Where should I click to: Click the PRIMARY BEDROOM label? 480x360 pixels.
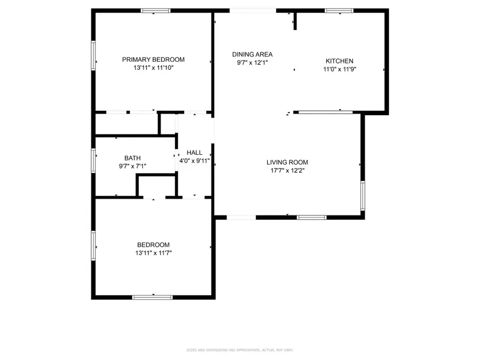click(153, 59)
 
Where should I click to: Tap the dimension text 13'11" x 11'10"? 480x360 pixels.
click(153, 68)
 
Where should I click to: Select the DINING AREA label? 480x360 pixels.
click(252, 54)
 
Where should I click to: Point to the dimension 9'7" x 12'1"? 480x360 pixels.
click(252, 62)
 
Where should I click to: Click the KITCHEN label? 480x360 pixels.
click(339, 61)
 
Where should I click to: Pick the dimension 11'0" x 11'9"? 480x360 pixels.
click(339, 69)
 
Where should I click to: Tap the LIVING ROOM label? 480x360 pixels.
click(287, 162)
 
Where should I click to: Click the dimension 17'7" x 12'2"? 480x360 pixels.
click(287, 171)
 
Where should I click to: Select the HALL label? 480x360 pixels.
click(194, 153)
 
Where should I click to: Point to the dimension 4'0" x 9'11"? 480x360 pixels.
click(194, 161)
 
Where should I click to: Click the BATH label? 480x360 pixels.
click(132, 158)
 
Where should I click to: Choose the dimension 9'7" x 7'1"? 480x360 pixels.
click(132, 166)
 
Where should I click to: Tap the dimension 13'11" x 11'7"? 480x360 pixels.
click(153, 253)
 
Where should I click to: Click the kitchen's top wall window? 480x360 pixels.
click(339, 10)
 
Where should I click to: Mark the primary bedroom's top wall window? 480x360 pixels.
click(156, 10)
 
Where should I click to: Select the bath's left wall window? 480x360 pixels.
click(93, 161)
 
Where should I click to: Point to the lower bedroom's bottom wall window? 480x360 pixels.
click(153, 297)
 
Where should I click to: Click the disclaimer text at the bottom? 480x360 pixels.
click(239, 350)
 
